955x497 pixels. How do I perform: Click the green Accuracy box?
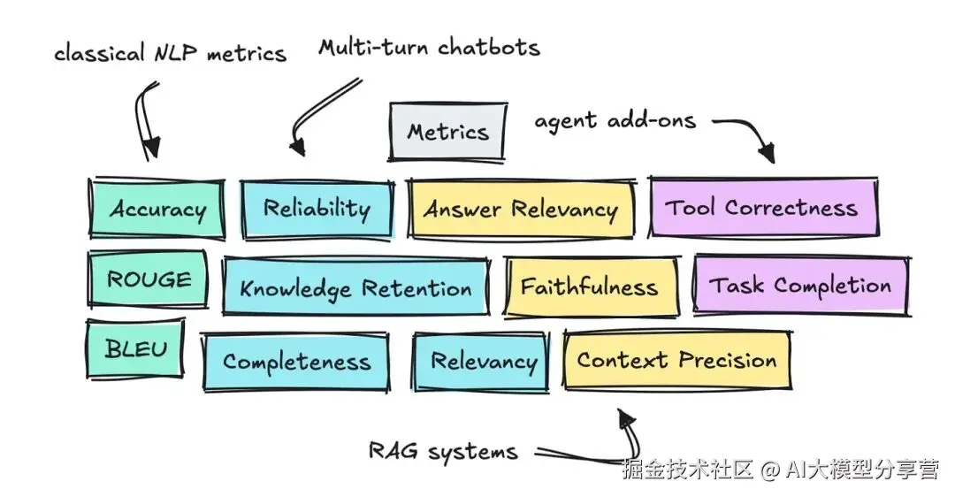click(157, 210)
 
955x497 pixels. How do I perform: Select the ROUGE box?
click(148, 279)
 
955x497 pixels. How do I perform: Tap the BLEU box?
click(135, 348)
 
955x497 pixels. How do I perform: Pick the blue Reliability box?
click(317, 210)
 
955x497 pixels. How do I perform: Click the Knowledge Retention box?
click(355, 288)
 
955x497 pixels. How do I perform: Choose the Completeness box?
click(295, 362)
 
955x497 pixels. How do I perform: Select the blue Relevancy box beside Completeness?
click(483, 362)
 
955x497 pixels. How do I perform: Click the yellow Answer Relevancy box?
click(520, 210)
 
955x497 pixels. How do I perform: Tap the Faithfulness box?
click(589, 287)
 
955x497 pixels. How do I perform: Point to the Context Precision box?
click(676, 360)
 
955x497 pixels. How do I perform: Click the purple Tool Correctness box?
click(762, 208)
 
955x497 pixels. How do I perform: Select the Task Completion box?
click(800, 286)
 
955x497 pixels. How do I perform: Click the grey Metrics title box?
click(447, 133)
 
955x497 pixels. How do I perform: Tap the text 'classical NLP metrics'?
click(170, 53)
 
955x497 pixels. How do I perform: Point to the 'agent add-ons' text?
click(615, 120)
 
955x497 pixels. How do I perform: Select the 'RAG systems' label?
click(443, 451)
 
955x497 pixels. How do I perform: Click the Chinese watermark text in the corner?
click(780, 470)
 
